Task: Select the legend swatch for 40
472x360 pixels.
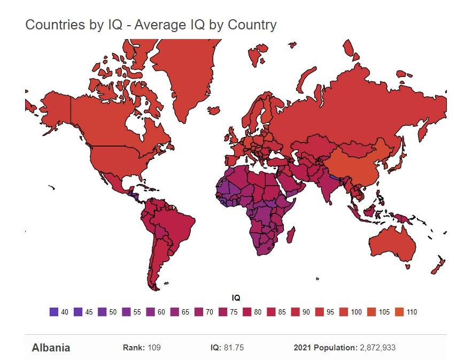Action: point(53,312)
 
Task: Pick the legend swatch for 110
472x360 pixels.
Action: point(398,312)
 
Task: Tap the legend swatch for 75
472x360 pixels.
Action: point(222,312)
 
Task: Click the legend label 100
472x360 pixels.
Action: point(357,312)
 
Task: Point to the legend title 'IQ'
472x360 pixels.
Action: point(236,298)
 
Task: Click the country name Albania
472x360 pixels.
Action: point(51,348)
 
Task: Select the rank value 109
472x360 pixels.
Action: point(154,348)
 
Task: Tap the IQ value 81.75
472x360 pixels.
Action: point(234,348)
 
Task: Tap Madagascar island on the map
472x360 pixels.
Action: point(291,234)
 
